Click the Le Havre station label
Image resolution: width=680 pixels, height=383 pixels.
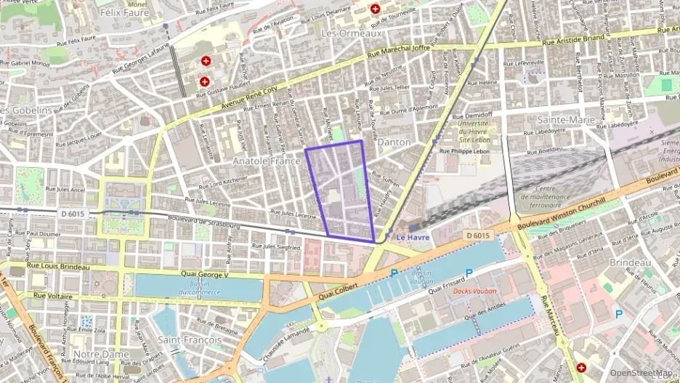pyautogui.click(x=413, y=237)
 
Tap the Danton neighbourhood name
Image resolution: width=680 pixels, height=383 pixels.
pyautogui.click(x=394, y=142)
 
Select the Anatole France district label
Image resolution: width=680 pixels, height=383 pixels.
pyautogui.click(x=266, y=160)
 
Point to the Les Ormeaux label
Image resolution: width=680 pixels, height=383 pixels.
pyautogui.click(x=352, y=33)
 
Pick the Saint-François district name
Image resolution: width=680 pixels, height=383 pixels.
pyautogui.click(x=185, y=339)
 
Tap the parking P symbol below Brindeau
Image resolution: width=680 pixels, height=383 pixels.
pyautogui.click(x=619, y=314)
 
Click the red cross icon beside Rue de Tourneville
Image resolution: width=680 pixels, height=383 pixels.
pyautogui.click(x=375, y=9)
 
